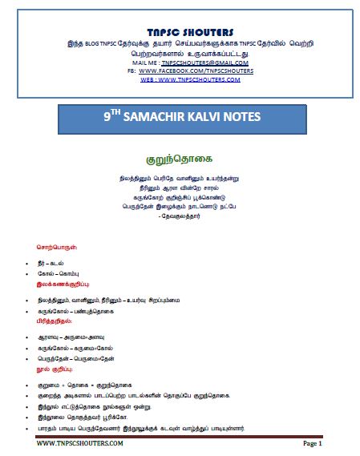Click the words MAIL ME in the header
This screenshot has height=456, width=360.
142,61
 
